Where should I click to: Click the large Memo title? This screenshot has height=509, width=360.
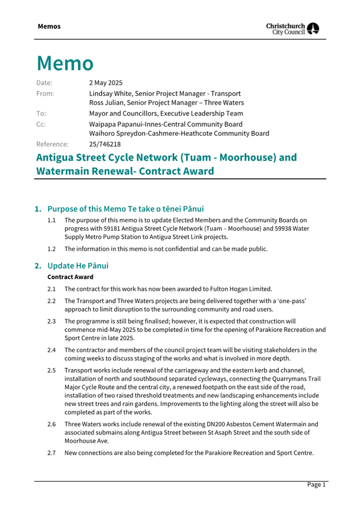point(65,63)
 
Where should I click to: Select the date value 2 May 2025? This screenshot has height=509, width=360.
point(106,83)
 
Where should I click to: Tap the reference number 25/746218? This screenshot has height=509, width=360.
point(105,144)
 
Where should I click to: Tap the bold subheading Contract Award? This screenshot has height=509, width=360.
point(70,277)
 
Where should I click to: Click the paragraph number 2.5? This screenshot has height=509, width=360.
point(51,370)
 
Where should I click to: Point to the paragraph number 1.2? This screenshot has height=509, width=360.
point(51,249)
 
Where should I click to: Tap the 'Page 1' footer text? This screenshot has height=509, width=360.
point(316,484)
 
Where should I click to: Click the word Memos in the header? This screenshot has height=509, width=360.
point(49,26)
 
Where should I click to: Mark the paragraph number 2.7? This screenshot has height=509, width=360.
point(51,453)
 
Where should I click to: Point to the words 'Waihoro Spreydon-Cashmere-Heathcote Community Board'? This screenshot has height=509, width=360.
point(179,134)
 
